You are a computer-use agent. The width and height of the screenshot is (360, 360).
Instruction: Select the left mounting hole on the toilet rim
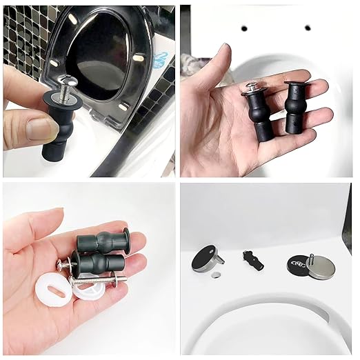tap(243, 29)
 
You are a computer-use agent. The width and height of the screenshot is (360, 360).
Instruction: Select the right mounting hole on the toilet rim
tap(307, 28)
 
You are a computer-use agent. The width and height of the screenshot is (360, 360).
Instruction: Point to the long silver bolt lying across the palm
tap(97, 279)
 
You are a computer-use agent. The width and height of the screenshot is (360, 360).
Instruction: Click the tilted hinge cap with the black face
tap(205, 257)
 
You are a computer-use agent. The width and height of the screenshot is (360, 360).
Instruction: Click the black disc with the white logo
tap(297, 266)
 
